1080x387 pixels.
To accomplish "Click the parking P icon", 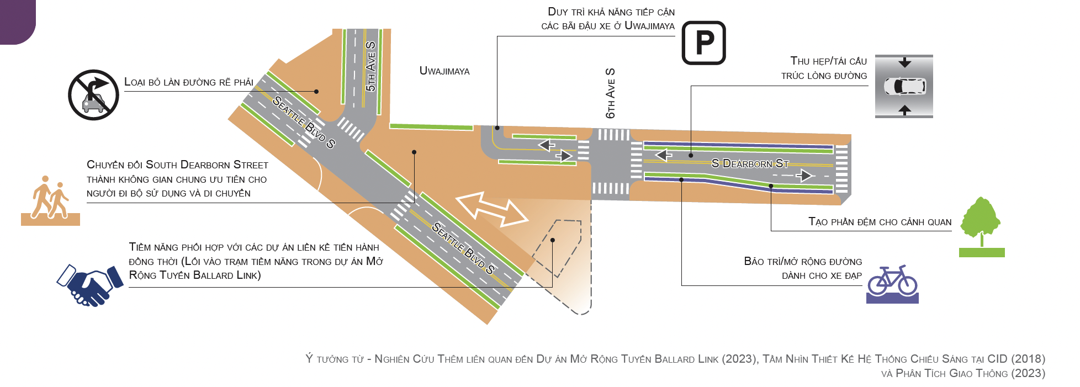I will click(703, 43).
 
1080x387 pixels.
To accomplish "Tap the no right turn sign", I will click(93, 95).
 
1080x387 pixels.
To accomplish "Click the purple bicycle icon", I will click(892, 283).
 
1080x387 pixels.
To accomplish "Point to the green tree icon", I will click(981, 225).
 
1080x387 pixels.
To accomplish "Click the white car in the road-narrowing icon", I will click(904, 87).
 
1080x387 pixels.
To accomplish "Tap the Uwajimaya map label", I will click(444, 71).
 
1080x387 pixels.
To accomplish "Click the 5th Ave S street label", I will click(370, 66).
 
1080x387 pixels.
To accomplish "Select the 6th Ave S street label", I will click(610, 93).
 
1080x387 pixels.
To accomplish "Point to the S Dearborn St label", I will click(750, 163).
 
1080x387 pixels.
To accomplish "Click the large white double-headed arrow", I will click(491, 209).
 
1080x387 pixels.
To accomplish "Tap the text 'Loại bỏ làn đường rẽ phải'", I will click(188, 82).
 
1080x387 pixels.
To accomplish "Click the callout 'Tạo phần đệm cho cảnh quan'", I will click(880, 222).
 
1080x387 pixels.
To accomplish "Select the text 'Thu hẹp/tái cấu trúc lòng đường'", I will click(828, 68).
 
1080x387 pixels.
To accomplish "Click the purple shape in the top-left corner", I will click(17, 21).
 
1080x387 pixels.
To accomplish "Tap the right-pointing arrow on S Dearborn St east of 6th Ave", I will click(806, 176).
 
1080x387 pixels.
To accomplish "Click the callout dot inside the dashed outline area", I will click(552, 240).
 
